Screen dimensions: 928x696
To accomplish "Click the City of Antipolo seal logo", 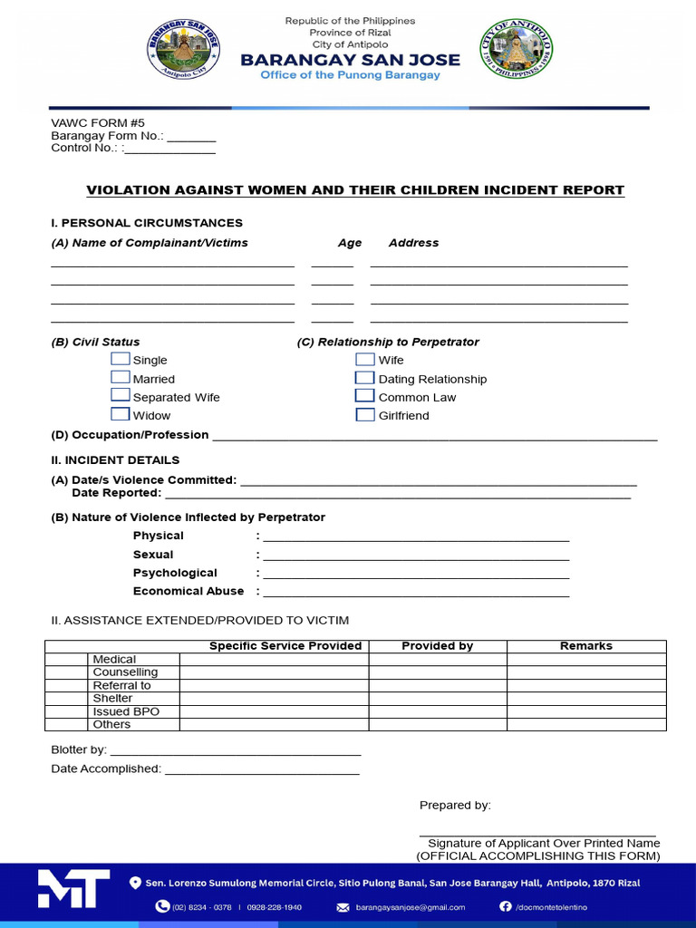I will tap(516, 50).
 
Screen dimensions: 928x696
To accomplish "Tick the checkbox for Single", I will tap(121, 359).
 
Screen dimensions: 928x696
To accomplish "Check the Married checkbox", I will tap(121, 378).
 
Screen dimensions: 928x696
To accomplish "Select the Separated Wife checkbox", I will tap(121, 396).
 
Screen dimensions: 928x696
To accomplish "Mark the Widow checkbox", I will tap(121, 414).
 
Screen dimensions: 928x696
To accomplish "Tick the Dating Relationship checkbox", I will tap(365, 378).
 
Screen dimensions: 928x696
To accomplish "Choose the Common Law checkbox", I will tap(365, 396).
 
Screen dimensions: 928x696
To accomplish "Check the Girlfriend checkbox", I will tap(365, 415).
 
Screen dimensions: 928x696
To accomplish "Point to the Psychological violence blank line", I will tap(416, 575).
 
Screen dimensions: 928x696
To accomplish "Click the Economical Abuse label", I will tap(188, 591).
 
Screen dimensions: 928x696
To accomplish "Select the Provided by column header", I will tap(437, 646).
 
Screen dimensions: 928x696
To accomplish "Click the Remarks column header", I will tap(586, 646).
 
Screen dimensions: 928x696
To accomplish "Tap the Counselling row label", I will tap(125, 672).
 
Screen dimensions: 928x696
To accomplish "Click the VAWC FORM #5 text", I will tap(98, 123).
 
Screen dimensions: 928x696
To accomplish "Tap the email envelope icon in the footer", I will tap(343, 907).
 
